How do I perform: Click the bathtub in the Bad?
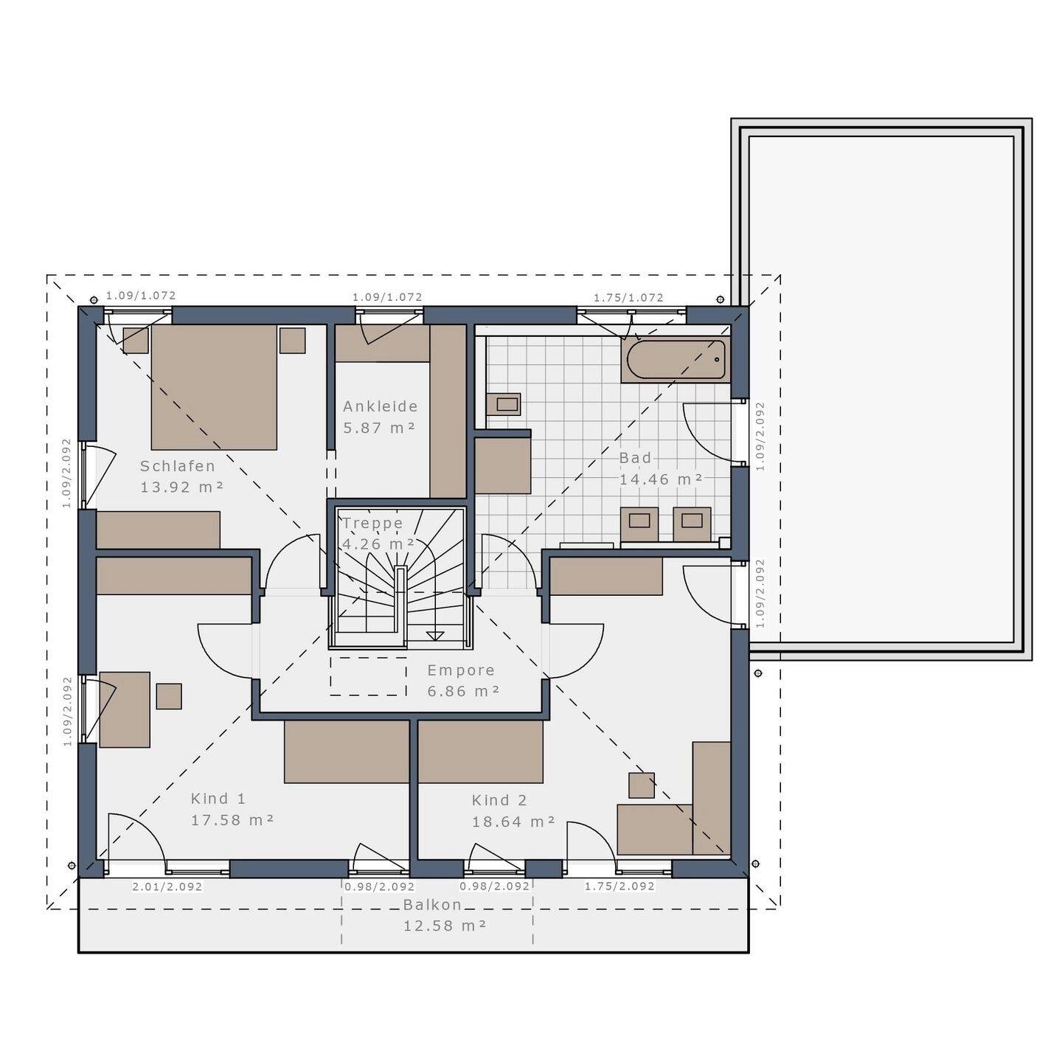pos(676,359)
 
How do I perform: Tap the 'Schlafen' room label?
pos(178,466)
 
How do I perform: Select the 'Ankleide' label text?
pos(380,406)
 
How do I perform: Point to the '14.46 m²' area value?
pos(660,479)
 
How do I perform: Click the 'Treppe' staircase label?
pos(372,523)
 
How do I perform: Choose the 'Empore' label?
pos(461,670)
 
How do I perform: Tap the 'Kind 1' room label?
pos(218,799)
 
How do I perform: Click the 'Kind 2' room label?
pos(499,800)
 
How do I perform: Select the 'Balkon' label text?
pos(432,905)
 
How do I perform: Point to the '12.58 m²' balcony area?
pos(445,926)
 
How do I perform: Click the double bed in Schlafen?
pos(214,387)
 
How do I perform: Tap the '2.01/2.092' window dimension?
pos(167,886)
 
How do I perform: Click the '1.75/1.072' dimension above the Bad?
pos(628,298)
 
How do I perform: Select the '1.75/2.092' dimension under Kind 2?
pos(619,886)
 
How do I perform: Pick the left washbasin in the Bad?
pos(639,522)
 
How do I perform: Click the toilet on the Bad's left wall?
pos(505,404)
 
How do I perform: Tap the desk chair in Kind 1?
pos(169,696)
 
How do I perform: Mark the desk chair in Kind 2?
pos(641,785)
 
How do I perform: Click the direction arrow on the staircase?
pos(435,634)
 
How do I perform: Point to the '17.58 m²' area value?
pos(232,820)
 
